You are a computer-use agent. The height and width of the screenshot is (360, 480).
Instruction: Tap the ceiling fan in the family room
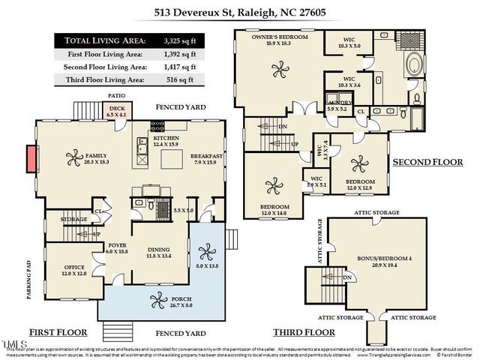click(x=75, y=158)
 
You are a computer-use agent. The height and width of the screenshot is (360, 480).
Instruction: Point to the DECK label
click(x=118, y=109)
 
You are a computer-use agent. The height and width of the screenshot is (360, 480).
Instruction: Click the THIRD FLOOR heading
click(x=304, y=331)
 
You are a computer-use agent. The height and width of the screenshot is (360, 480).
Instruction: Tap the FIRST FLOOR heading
click(x=58, y=331)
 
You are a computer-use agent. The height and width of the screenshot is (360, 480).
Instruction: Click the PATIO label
click(x=115, y=96)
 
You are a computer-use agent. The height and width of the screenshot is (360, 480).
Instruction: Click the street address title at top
click(x=239, y=13)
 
